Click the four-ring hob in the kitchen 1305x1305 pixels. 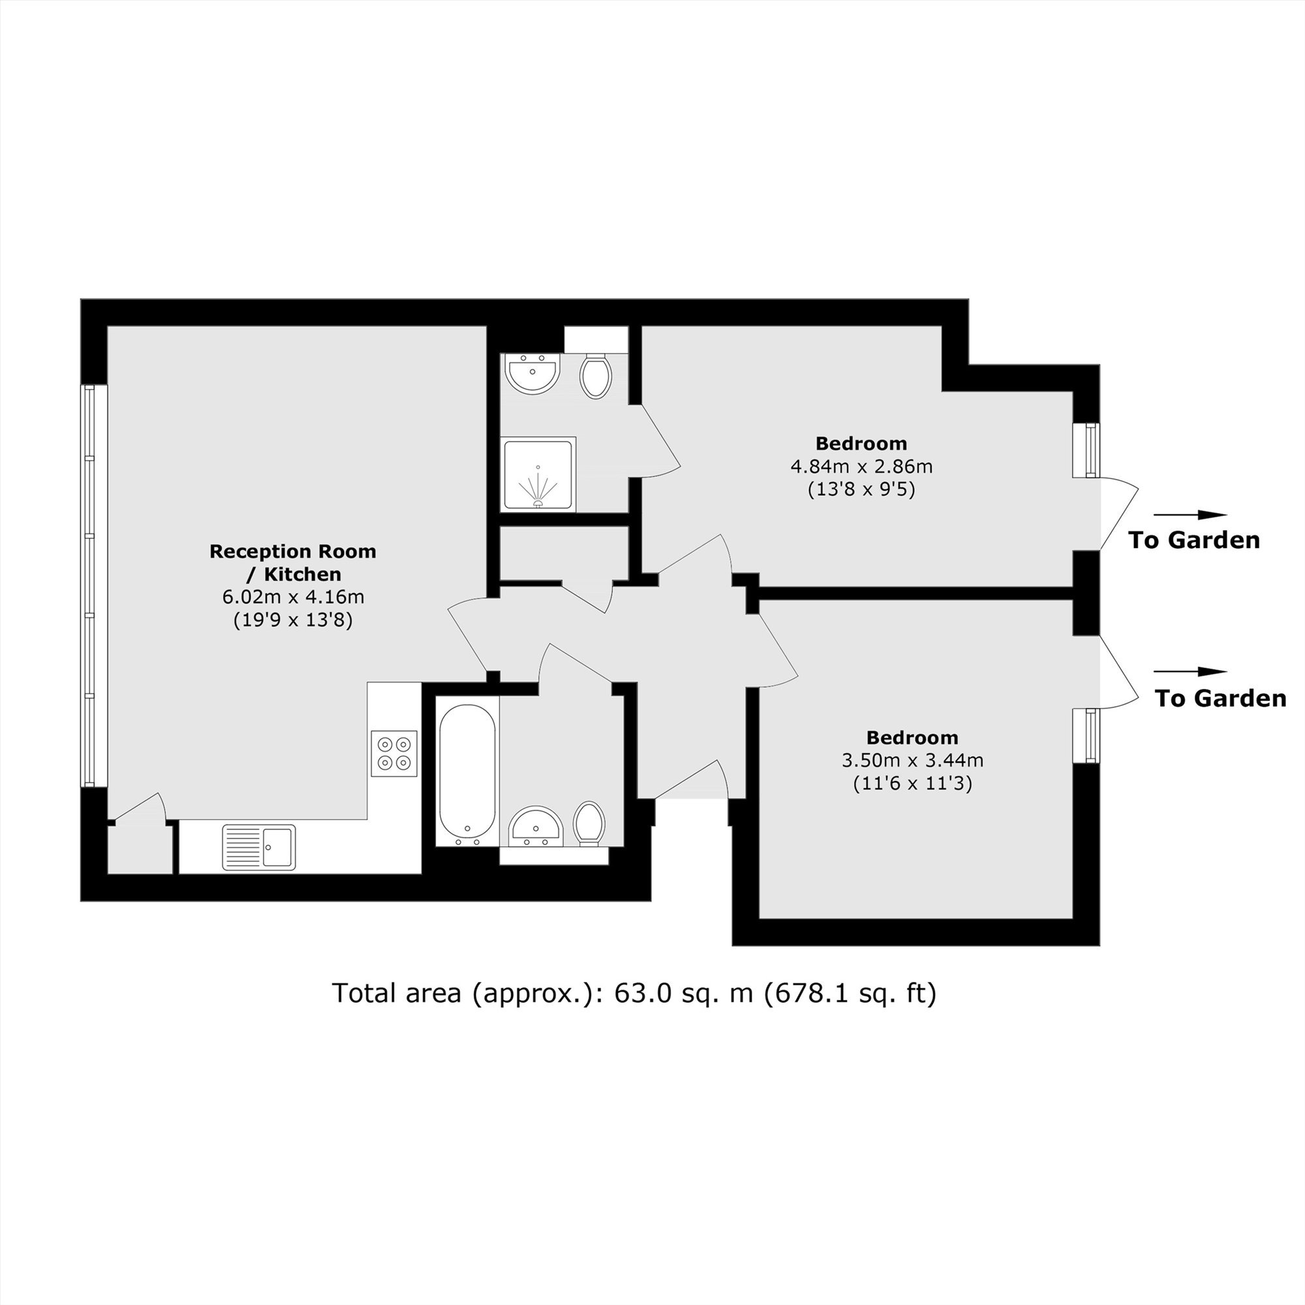[x=394, y=753]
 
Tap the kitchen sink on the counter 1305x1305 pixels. [x=258, y=847]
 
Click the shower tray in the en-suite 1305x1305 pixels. [x=539, y=474]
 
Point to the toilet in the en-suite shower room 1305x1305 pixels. [x=596, y=375]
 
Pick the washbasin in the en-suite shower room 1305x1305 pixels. [x=534, y=372]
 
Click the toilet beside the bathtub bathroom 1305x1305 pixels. [x=590, y=823]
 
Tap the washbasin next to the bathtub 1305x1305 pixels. [x=536, y=825]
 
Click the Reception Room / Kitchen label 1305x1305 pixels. [x=292, y=562]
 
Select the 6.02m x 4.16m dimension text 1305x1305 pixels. [x=293, y=596]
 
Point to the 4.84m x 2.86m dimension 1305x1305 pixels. [x=861, y=466]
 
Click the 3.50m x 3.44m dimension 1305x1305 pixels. [x=913, y=760]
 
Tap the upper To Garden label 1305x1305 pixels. [x=1194, y=540]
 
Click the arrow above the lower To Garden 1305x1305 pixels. [x=1190, y=671]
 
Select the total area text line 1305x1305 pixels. [x=634, y=993]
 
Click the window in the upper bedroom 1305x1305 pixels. [x=1087, y=450]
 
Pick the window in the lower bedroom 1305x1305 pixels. [x=1087, y=735]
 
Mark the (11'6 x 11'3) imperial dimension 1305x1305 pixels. [x=913, y=784]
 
